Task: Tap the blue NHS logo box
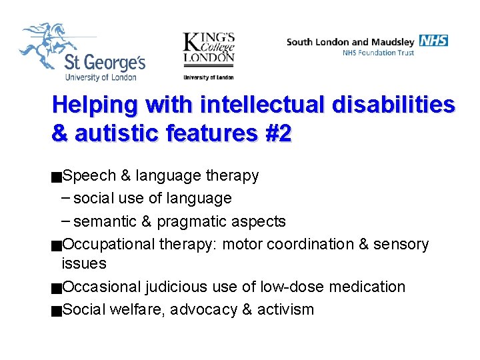434,41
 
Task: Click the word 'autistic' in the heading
117,133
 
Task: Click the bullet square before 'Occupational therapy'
57,245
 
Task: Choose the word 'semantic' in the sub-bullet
103,221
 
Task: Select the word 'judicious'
175,287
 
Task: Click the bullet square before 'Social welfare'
57,311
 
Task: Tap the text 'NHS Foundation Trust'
378,53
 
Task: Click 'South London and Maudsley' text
351,41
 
